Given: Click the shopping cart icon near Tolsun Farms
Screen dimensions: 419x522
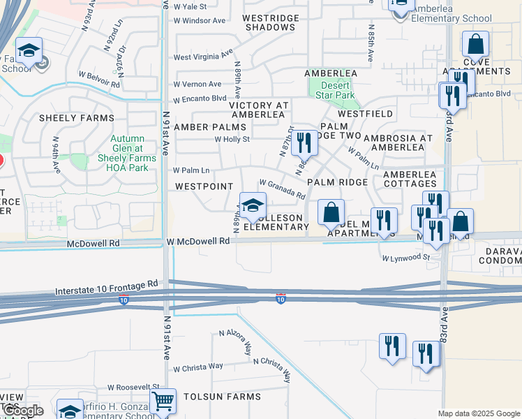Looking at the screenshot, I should (x=163, y=401).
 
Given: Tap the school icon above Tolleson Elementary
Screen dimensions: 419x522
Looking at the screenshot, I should (x=253, y=205).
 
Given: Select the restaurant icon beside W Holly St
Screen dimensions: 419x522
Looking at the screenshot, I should (x=303, y=142).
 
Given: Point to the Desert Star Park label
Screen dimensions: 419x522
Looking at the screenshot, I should (x=331, y=90).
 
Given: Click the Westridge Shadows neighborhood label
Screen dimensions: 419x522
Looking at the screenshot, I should (x=270, y=22).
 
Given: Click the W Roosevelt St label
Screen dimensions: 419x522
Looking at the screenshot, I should (x=134, y=386).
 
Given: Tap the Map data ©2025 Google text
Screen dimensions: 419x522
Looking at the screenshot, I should (x=478, y=413).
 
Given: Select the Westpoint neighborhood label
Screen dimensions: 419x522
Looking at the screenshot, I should (x=204, y=187).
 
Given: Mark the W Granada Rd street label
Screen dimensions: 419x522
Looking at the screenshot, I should (x=282, y=189).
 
